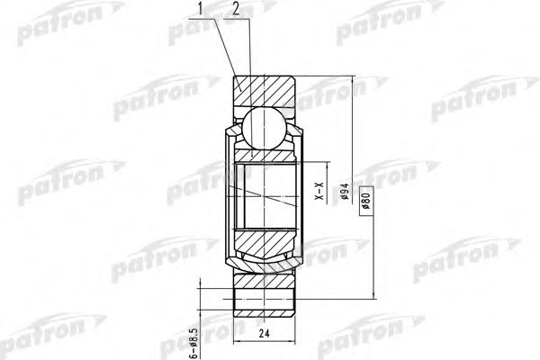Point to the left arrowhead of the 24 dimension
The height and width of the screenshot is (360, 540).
point(236,344)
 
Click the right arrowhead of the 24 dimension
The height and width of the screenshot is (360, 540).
point(297,344)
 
